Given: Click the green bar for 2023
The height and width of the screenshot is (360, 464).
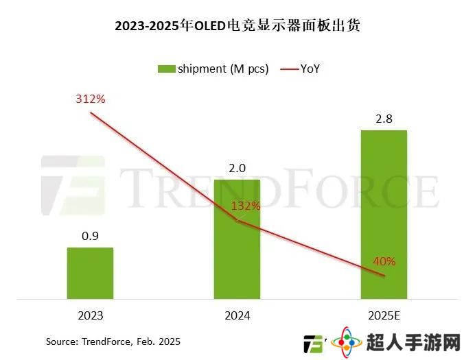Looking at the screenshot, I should pyautogui.click(x=90, y=273).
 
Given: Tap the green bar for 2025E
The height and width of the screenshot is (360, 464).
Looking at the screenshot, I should pyautogui.click(x=384, y=214).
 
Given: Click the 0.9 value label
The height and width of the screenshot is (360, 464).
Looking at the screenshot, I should pyautogui.click(x=90, y=236).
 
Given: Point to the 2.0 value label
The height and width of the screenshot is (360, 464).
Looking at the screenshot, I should pyautogui.click(x=237, y=167).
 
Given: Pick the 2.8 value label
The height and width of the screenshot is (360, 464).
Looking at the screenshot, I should pyautogui.click(x=384, y=119).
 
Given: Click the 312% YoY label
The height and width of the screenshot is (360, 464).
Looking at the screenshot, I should pyautogui.click(x=90, y=99).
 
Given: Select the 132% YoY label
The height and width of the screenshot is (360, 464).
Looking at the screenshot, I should pyautogui.click(x=246, y=206).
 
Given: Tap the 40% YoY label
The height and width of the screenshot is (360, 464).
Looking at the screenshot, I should pyautogui.click(x=384, y=261).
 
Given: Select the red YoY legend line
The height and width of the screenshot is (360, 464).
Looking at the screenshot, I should pyautogui.click(x=288, y=69).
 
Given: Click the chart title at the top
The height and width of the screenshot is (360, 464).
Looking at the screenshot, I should pyautogui.click(x=237, y=27).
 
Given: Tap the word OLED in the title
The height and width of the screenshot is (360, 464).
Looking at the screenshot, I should pyautogui.click(x=213, y=27).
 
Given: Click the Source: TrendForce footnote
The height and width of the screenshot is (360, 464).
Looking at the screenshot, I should pyautogui.click(x=113, y=341).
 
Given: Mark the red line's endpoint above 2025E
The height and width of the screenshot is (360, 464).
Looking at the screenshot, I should pyautogui.click(x=384, y=276).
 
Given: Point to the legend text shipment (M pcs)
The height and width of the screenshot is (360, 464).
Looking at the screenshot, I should pyautogui.click(x=222, y=69).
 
